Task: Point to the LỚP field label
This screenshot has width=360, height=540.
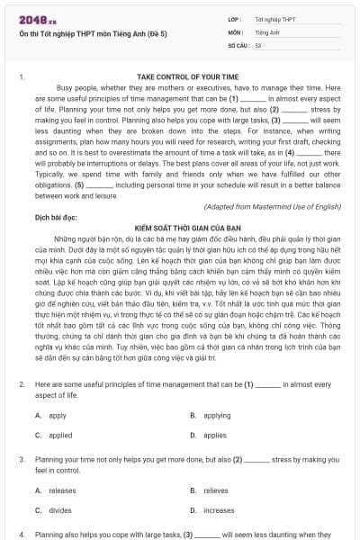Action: click(x=236, y=17)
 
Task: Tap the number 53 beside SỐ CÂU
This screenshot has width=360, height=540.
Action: click(x=258, y=43)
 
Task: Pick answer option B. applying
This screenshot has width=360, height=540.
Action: click(x=208, y=415)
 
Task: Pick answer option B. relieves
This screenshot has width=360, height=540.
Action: click(x=210, y=490)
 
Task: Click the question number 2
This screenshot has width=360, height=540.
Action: click(x=22, y=383)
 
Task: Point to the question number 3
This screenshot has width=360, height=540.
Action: click(x=22, y=459)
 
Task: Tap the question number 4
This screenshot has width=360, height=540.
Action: click(x=22, y=534)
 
